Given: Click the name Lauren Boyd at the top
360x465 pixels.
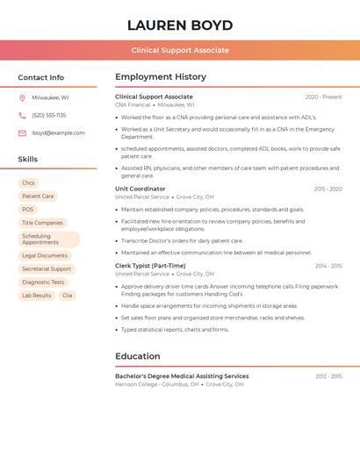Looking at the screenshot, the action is [x=180, y=25].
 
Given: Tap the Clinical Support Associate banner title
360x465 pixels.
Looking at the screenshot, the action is [x=180, y=50].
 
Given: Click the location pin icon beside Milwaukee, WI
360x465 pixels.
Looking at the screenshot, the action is [x=22, y=97].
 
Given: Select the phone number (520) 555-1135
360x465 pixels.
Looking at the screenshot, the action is [x=49, y=115].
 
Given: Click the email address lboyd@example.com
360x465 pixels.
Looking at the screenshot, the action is [x=58, y=132].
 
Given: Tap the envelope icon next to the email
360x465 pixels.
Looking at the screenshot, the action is [x=22, y=132].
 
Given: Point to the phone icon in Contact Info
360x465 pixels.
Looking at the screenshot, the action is [x=22, y=115].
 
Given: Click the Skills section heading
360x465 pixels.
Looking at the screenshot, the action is [x=28, y=159].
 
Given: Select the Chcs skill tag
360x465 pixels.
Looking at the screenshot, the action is [x=29, y=183].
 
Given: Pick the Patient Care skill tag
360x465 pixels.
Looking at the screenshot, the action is [x=38, y=197].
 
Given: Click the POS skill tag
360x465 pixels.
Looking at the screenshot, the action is [x=28, y=210].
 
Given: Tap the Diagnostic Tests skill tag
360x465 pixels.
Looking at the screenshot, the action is [x=43, y=283].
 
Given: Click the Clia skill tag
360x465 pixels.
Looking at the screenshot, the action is [x=67, y=296].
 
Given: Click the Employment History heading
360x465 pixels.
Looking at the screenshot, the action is [x=161, y=76].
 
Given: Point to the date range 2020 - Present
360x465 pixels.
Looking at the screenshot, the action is [x=323, y=97].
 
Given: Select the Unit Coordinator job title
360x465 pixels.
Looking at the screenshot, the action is [x=140, y=189].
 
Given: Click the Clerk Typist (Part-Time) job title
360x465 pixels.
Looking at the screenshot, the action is [x=150, y=266].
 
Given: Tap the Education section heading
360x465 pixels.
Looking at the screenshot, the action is [x=138, y=356].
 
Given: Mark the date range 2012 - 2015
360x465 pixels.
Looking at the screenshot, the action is [x=328, y=376].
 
